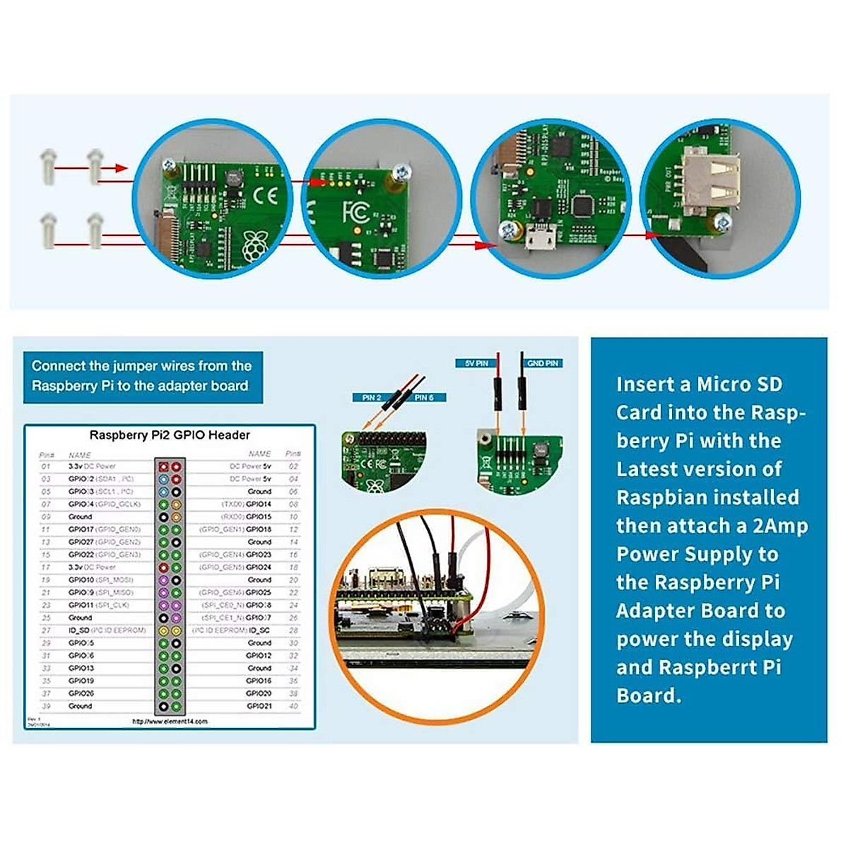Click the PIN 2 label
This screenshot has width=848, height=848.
[371, 398]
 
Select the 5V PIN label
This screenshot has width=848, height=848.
[476, 363]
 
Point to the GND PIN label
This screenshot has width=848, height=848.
[542, 363]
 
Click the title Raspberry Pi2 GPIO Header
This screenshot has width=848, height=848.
[170, 435]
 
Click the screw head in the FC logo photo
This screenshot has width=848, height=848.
[401, 171]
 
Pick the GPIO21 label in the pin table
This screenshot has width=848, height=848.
[259, 706]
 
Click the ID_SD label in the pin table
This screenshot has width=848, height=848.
[80, 630]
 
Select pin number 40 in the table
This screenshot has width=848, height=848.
[293, 706]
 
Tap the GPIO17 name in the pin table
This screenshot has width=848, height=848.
[81, 529]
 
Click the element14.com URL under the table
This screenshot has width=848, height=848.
[170, 722]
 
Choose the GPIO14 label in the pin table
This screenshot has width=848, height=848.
[259, 505]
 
